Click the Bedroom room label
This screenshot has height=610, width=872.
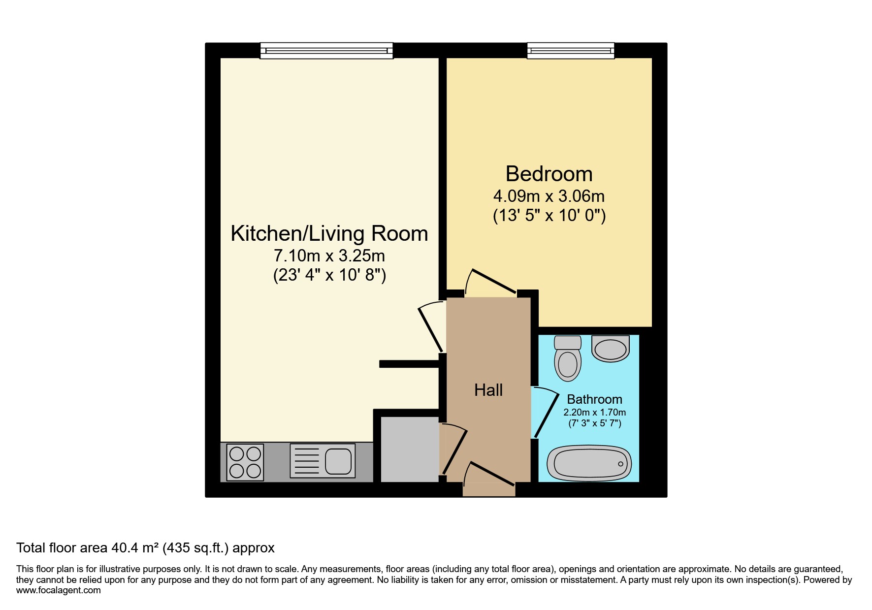[549, 174]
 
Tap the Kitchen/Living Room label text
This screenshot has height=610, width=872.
[329, 233]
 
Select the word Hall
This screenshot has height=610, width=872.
[488, 390]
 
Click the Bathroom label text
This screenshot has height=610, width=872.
[594, 399]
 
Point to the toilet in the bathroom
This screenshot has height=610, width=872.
[568, 359]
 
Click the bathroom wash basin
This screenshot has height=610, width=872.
[611, 349]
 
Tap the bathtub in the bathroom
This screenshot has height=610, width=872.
[589, 463]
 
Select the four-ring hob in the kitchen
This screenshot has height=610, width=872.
[245, 462]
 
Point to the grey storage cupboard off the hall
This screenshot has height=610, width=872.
[409, 449]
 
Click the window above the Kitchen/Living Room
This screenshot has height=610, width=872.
[326, 50]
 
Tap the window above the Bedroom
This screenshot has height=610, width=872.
[571, 50]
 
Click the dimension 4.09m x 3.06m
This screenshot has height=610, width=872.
[549, 196]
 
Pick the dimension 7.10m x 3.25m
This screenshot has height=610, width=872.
[329, 256]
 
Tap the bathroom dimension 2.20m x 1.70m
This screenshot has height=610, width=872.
[594, 413]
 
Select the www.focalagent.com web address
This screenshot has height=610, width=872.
[58, 590]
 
